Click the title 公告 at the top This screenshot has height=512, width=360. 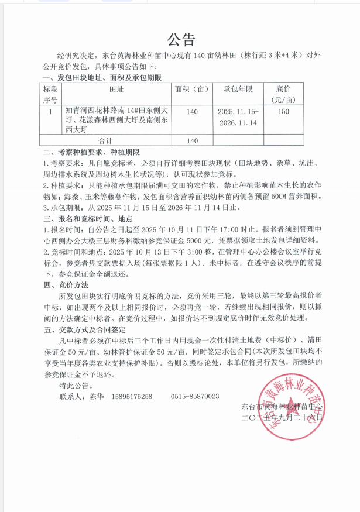(180, 40)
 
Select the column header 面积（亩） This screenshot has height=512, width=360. (192, 90)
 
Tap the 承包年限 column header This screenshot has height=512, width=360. (237, 90)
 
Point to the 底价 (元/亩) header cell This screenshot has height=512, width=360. (283, 94)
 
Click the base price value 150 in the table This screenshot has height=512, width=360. (283, 111)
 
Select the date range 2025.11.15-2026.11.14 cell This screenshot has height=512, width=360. (237, 117)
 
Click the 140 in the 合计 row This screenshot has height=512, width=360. (192, 141)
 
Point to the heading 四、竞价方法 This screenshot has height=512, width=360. (66, 285)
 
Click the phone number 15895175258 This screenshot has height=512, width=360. (132, 397)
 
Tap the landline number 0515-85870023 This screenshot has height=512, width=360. (195, 397)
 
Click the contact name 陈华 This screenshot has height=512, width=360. (95, 397)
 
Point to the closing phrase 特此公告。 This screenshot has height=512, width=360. (77, 386)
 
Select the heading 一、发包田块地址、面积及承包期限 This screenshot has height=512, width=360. (102, 77)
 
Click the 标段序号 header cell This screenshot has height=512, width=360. (51, 94)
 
